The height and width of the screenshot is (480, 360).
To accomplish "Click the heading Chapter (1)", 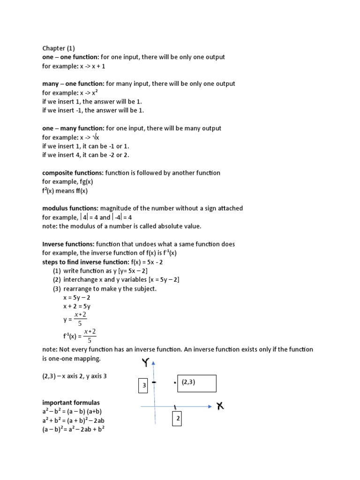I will pyautogui.click(x=58, y=48).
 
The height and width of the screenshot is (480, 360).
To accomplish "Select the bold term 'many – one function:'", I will pyautogui.click(x=73, y=84).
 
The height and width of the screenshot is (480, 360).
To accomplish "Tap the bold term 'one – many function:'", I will pyautogui.click(x=73, y=128).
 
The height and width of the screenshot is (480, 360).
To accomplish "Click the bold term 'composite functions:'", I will pyautogui.click(x=73, y=173).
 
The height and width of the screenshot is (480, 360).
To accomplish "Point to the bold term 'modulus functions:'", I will pyautogui.click(x=70, y=208).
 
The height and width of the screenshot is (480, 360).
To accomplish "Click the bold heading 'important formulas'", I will pyautogui.click(x=71, y=403).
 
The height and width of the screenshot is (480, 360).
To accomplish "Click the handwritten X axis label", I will pyautogui.click(x=220, y=406).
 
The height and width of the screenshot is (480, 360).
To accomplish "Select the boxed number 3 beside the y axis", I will pyautogui.click(x=144, y=386).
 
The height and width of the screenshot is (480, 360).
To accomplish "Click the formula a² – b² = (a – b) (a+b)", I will pyautogui.click(x=72, y=412).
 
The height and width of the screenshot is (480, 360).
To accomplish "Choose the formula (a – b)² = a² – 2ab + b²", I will pyautogui.click(x=73, y=429).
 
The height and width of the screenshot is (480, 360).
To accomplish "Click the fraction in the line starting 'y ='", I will pyautogui.click(x=79, y=319).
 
